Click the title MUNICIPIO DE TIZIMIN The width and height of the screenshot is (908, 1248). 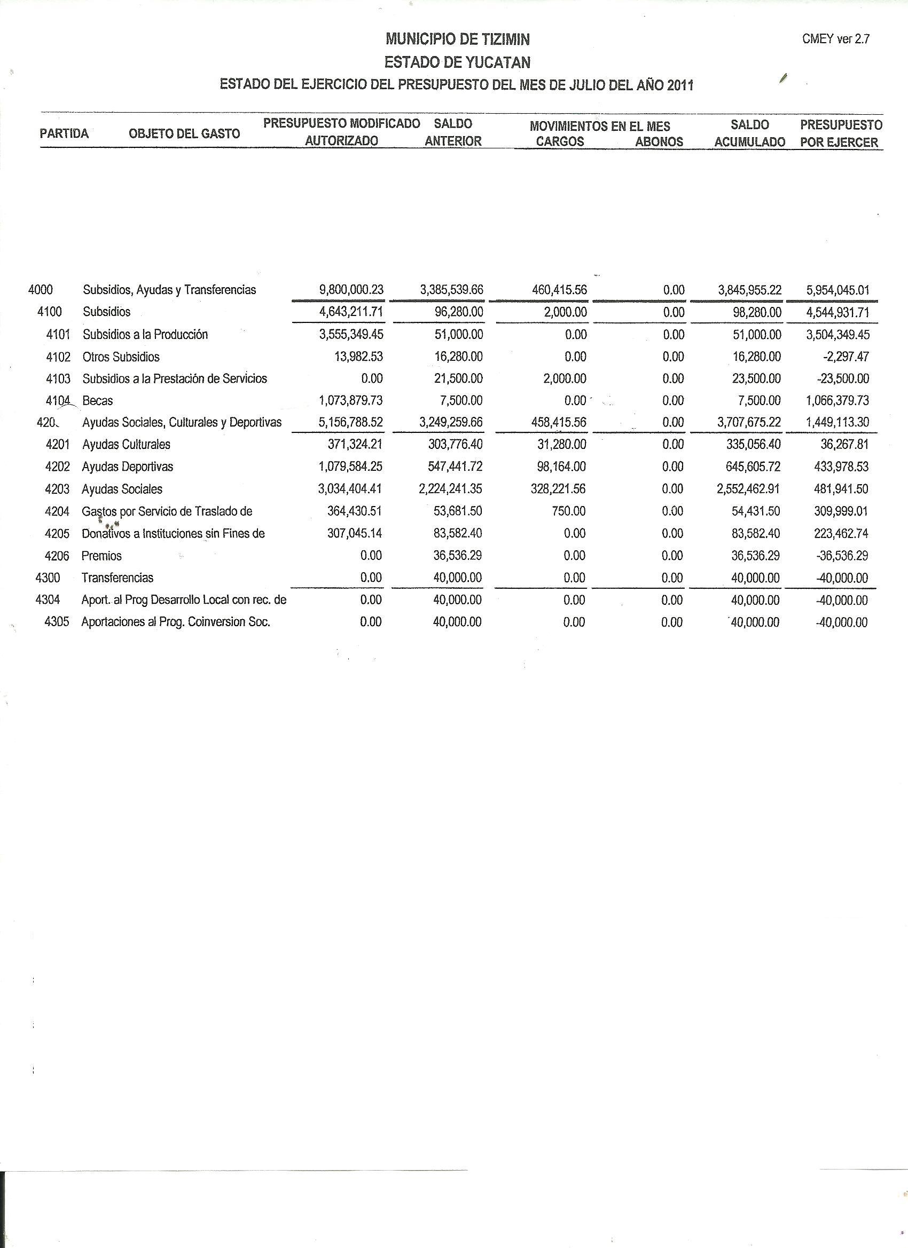point(458,39)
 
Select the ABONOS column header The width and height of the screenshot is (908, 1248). point(659,141)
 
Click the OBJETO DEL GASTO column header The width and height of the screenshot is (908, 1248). point(184,133)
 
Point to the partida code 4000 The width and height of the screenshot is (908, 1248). point(40,289)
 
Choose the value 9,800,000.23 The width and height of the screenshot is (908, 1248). point(351,290)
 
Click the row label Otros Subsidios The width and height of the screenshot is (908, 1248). point(121,357)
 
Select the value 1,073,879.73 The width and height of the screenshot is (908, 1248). point(351,400)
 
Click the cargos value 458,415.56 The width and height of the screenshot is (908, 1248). point(559,423)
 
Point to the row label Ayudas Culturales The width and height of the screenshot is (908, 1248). point(126,445)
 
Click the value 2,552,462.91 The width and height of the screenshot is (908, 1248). point(748,489)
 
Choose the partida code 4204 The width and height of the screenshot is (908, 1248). point(57,511)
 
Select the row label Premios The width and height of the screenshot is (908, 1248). point(101,556)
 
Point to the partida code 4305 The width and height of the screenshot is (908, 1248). point(57,622)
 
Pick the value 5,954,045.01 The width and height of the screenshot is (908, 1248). point(838,290)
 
